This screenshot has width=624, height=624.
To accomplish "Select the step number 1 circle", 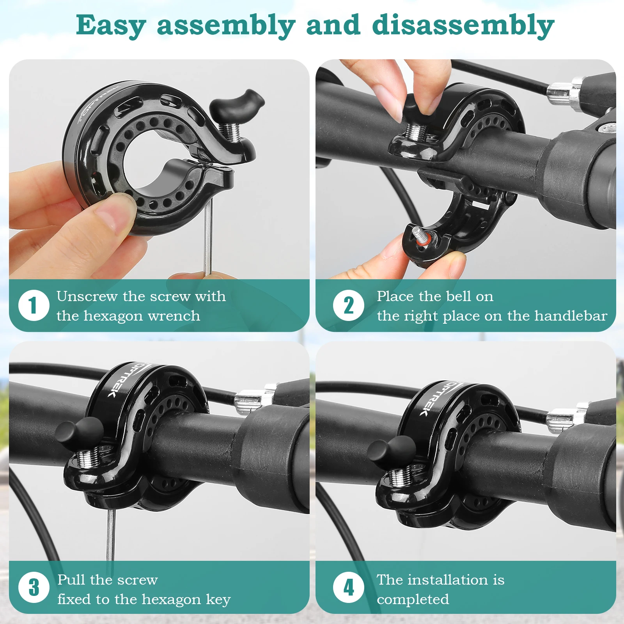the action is point(34,305).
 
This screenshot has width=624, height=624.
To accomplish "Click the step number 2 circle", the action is point(348,305).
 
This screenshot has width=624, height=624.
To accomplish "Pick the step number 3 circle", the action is point(34,587).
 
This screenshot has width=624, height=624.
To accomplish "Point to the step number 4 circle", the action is point(348,587).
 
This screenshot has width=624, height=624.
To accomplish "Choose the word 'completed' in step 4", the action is point(413,599).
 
